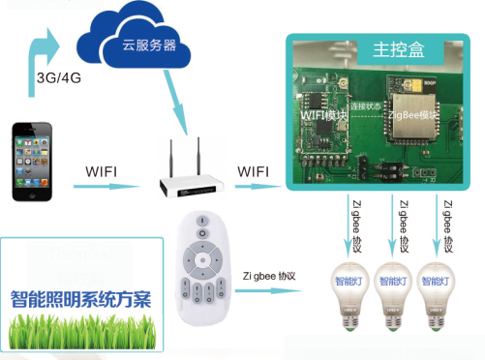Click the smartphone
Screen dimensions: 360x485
tap(32, 161)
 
